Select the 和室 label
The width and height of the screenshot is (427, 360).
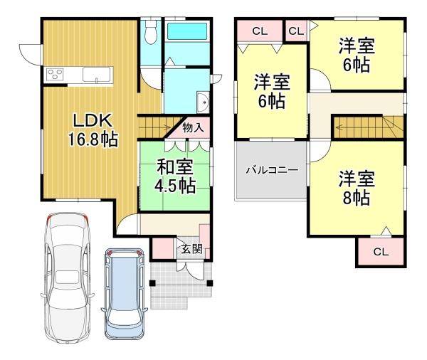pyautogui.click(x=176, y=169)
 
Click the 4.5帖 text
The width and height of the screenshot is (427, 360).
pyautogui.click(x=176, y=186)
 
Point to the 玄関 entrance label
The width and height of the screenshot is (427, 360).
pyautogui.click(x=190, y=249)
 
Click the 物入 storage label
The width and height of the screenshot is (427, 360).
pyautogui.click(x=194, y=128)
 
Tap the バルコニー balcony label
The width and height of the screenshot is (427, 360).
pyautogui.click(x=272, y=170)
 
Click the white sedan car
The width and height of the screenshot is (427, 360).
pyautogui.click(x=69, y=274)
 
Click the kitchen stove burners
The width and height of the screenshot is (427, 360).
pyautogui.click(x=56, y=74)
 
